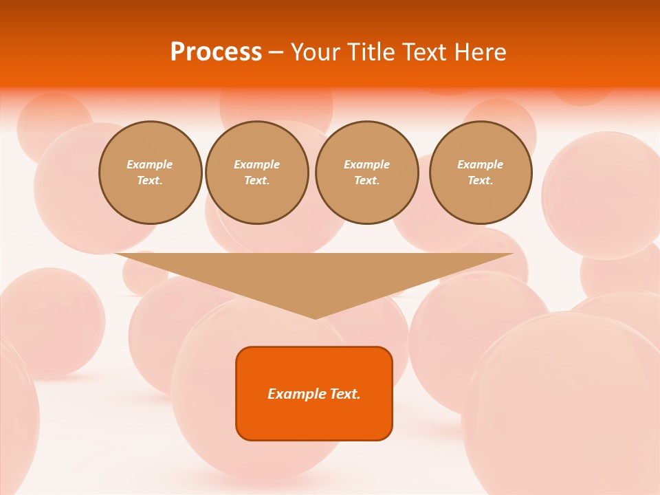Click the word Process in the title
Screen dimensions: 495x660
coord(216,52)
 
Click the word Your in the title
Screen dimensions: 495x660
coord(315,52)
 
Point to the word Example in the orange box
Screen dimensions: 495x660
coord(296,394)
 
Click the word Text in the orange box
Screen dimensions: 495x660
coord(344,394)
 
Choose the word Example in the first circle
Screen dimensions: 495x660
coord(150,164)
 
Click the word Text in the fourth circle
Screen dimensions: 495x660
coord(480,180)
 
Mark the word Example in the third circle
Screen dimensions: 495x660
coord(367,164)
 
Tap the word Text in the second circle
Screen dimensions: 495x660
coord(256,180)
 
